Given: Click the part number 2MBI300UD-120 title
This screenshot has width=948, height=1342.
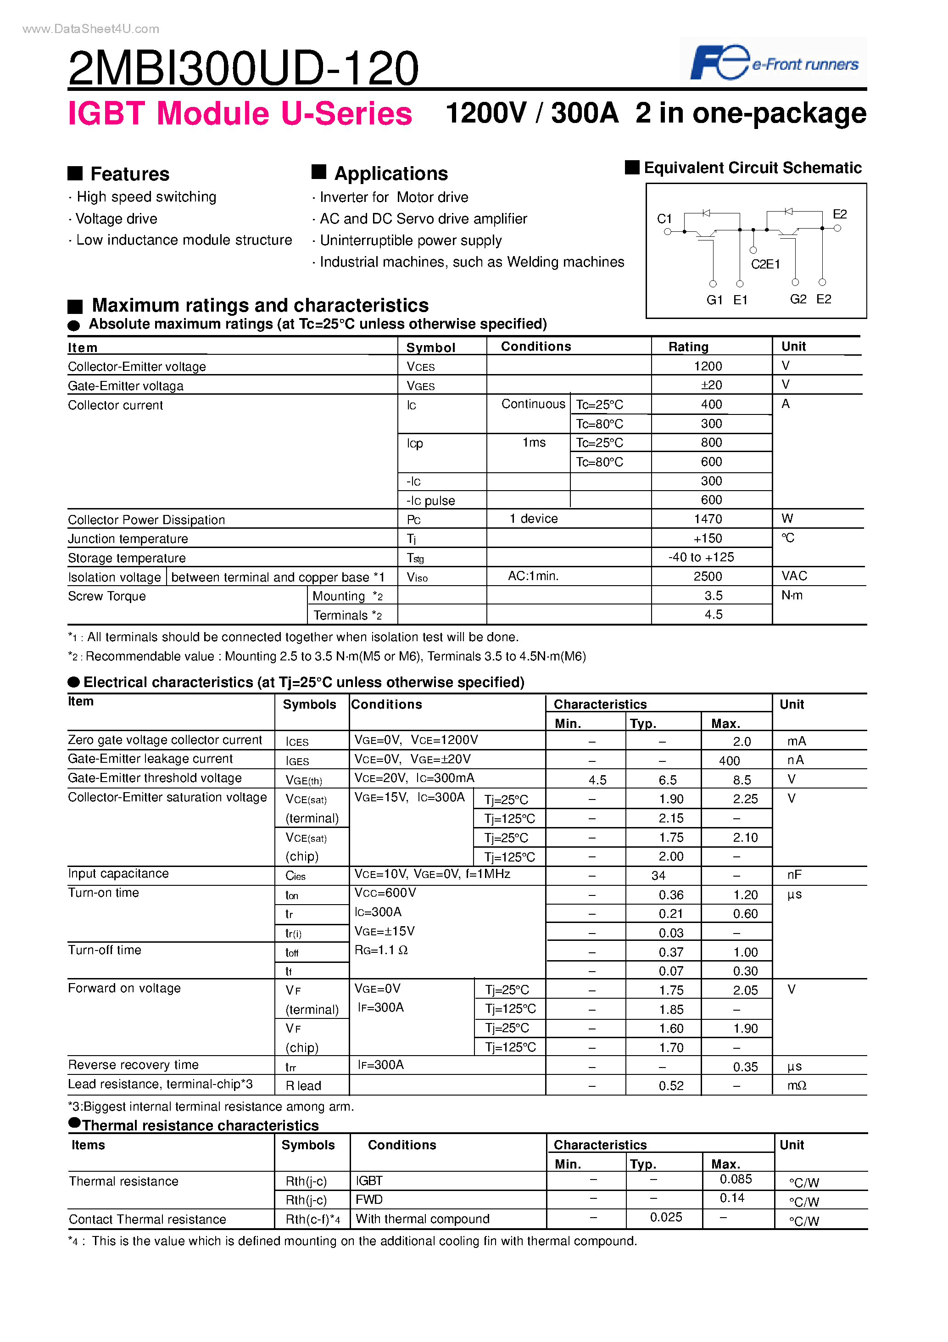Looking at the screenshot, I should pos(243,68).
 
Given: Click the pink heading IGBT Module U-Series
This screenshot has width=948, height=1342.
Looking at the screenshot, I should pos(240,113).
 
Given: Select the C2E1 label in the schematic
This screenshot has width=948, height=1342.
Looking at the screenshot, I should pos(765,264).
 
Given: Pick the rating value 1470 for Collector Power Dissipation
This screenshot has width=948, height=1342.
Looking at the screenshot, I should pos(708,519).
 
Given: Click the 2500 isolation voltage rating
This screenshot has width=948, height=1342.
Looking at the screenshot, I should pos(708,576).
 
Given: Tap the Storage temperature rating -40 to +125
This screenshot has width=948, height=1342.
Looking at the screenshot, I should pos(701,557).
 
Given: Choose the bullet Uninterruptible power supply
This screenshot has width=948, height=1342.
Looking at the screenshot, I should pos(410,240).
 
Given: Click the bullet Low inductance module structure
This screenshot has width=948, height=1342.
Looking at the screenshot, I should pos(184,240).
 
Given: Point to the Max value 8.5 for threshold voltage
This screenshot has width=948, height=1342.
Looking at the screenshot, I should pos(742,780).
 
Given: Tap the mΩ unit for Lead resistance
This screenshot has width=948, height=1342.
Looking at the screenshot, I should pos(796,1085).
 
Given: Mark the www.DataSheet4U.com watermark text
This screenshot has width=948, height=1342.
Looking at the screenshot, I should pos(90,28).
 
